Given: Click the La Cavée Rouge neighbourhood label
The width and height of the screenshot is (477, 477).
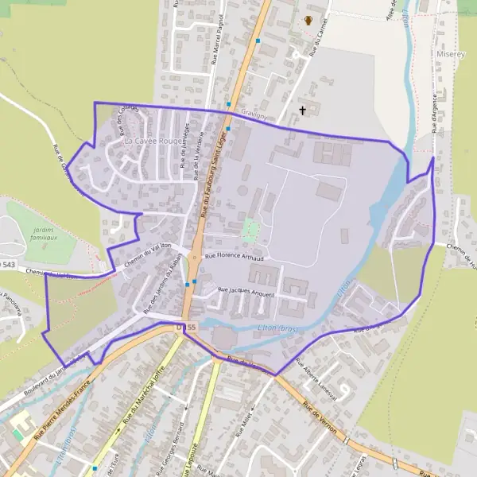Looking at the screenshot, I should click(x=153, y=141).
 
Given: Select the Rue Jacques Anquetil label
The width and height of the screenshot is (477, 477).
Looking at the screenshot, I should click(x=246, y=293).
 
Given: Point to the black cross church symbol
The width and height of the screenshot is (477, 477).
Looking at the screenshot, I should click(x=302, y=110).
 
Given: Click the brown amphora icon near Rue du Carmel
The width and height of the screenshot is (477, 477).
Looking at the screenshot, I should click(x=309, y=21).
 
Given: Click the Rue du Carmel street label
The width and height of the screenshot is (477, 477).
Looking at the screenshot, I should click(x=316, y=40).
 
